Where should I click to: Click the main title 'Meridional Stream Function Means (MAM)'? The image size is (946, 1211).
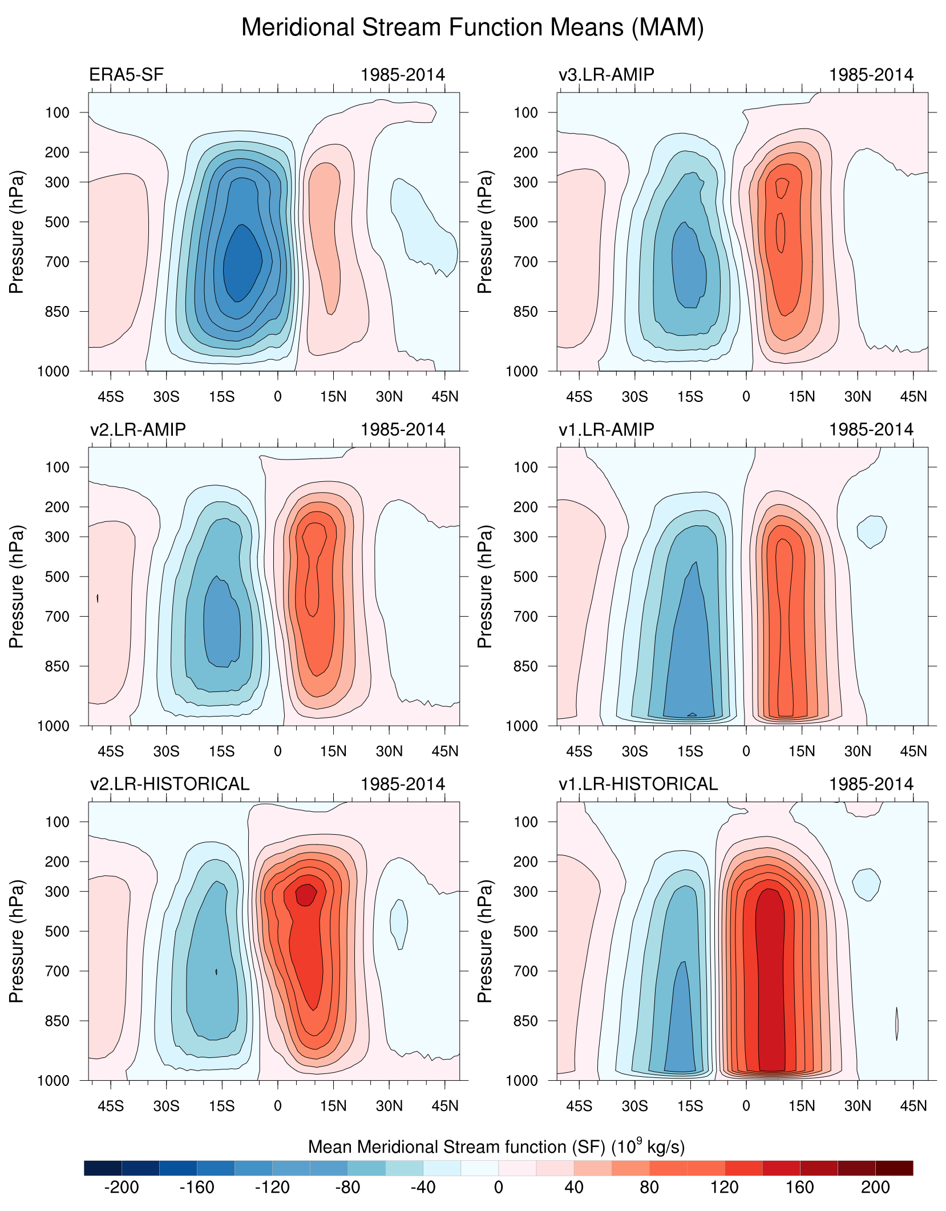[472, 27]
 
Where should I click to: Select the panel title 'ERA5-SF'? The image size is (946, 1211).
[126, 75]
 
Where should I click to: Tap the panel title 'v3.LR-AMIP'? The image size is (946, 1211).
[606, 75]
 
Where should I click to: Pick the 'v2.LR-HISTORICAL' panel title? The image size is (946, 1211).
[169, 784]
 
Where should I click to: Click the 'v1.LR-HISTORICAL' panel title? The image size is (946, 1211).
[638, 784]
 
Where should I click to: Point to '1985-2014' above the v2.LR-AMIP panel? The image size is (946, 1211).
[402, 429]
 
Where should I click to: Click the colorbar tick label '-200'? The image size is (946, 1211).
[121, 1188]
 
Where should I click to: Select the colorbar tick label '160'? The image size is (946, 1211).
[799, 1188]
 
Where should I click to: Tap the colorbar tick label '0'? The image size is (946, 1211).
[498, 1188]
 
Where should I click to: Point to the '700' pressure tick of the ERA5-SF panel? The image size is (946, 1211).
[57, 262]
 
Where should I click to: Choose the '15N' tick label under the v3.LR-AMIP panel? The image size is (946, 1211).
[802, 397]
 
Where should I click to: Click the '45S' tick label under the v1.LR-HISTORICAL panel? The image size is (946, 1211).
[579, 1106]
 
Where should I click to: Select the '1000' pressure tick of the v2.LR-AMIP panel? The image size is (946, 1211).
[53, 726]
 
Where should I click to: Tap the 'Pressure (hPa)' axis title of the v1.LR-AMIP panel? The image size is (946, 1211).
[484, 586]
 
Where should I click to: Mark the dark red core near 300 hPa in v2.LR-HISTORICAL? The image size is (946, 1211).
[306, 894]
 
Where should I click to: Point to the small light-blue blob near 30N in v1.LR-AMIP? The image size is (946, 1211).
[872, 530]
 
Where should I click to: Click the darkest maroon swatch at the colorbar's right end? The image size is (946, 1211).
[894, 1168]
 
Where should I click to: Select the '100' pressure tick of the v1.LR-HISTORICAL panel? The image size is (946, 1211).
[525, 822]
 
